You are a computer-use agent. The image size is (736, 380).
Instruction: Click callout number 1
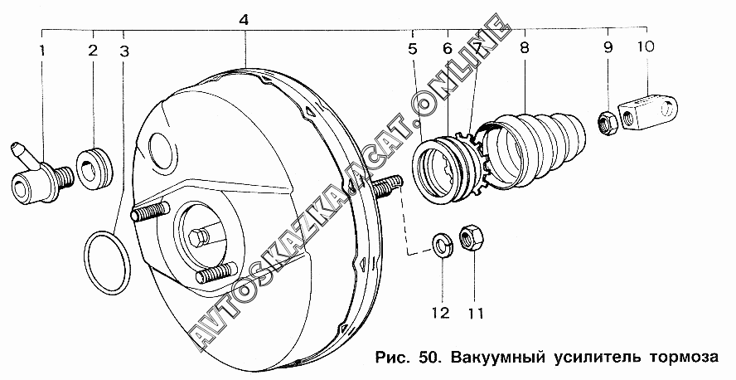point(42,51)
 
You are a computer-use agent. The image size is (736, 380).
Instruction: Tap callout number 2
point(93,51)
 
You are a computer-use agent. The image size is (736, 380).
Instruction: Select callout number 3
point(124,51)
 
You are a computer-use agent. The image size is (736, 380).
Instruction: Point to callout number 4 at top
point(243,20)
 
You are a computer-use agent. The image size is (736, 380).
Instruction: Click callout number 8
point(525,47)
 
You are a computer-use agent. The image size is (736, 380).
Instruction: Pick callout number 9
point(608,47)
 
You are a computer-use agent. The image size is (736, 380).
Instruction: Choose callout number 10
point(646,47)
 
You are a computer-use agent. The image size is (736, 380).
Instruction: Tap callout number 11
point(475,313)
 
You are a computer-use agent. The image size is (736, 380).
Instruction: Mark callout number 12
point(441,313)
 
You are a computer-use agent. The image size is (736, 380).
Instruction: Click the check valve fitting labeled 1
point(41,174)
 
